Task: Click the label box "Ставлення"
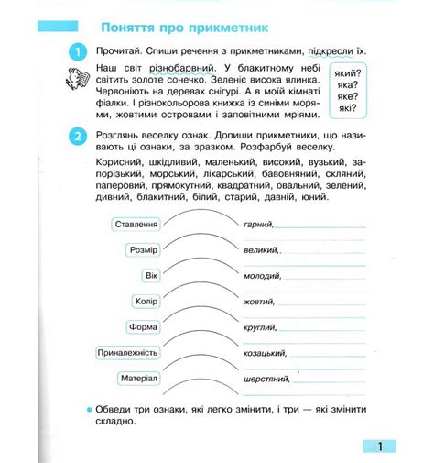(136, 225)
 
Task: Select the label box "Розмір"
(145, 250)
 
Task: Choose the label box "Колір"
(146, 302)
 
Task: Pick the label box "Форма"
(145, 327)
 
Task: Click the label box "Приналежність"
(129, 353)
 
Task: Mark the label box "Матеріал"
(140, 379)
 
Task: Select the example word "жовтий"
(261, 301)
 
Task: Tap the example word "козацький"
(267, 352)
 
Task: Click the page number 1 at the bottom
(380, 446)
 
